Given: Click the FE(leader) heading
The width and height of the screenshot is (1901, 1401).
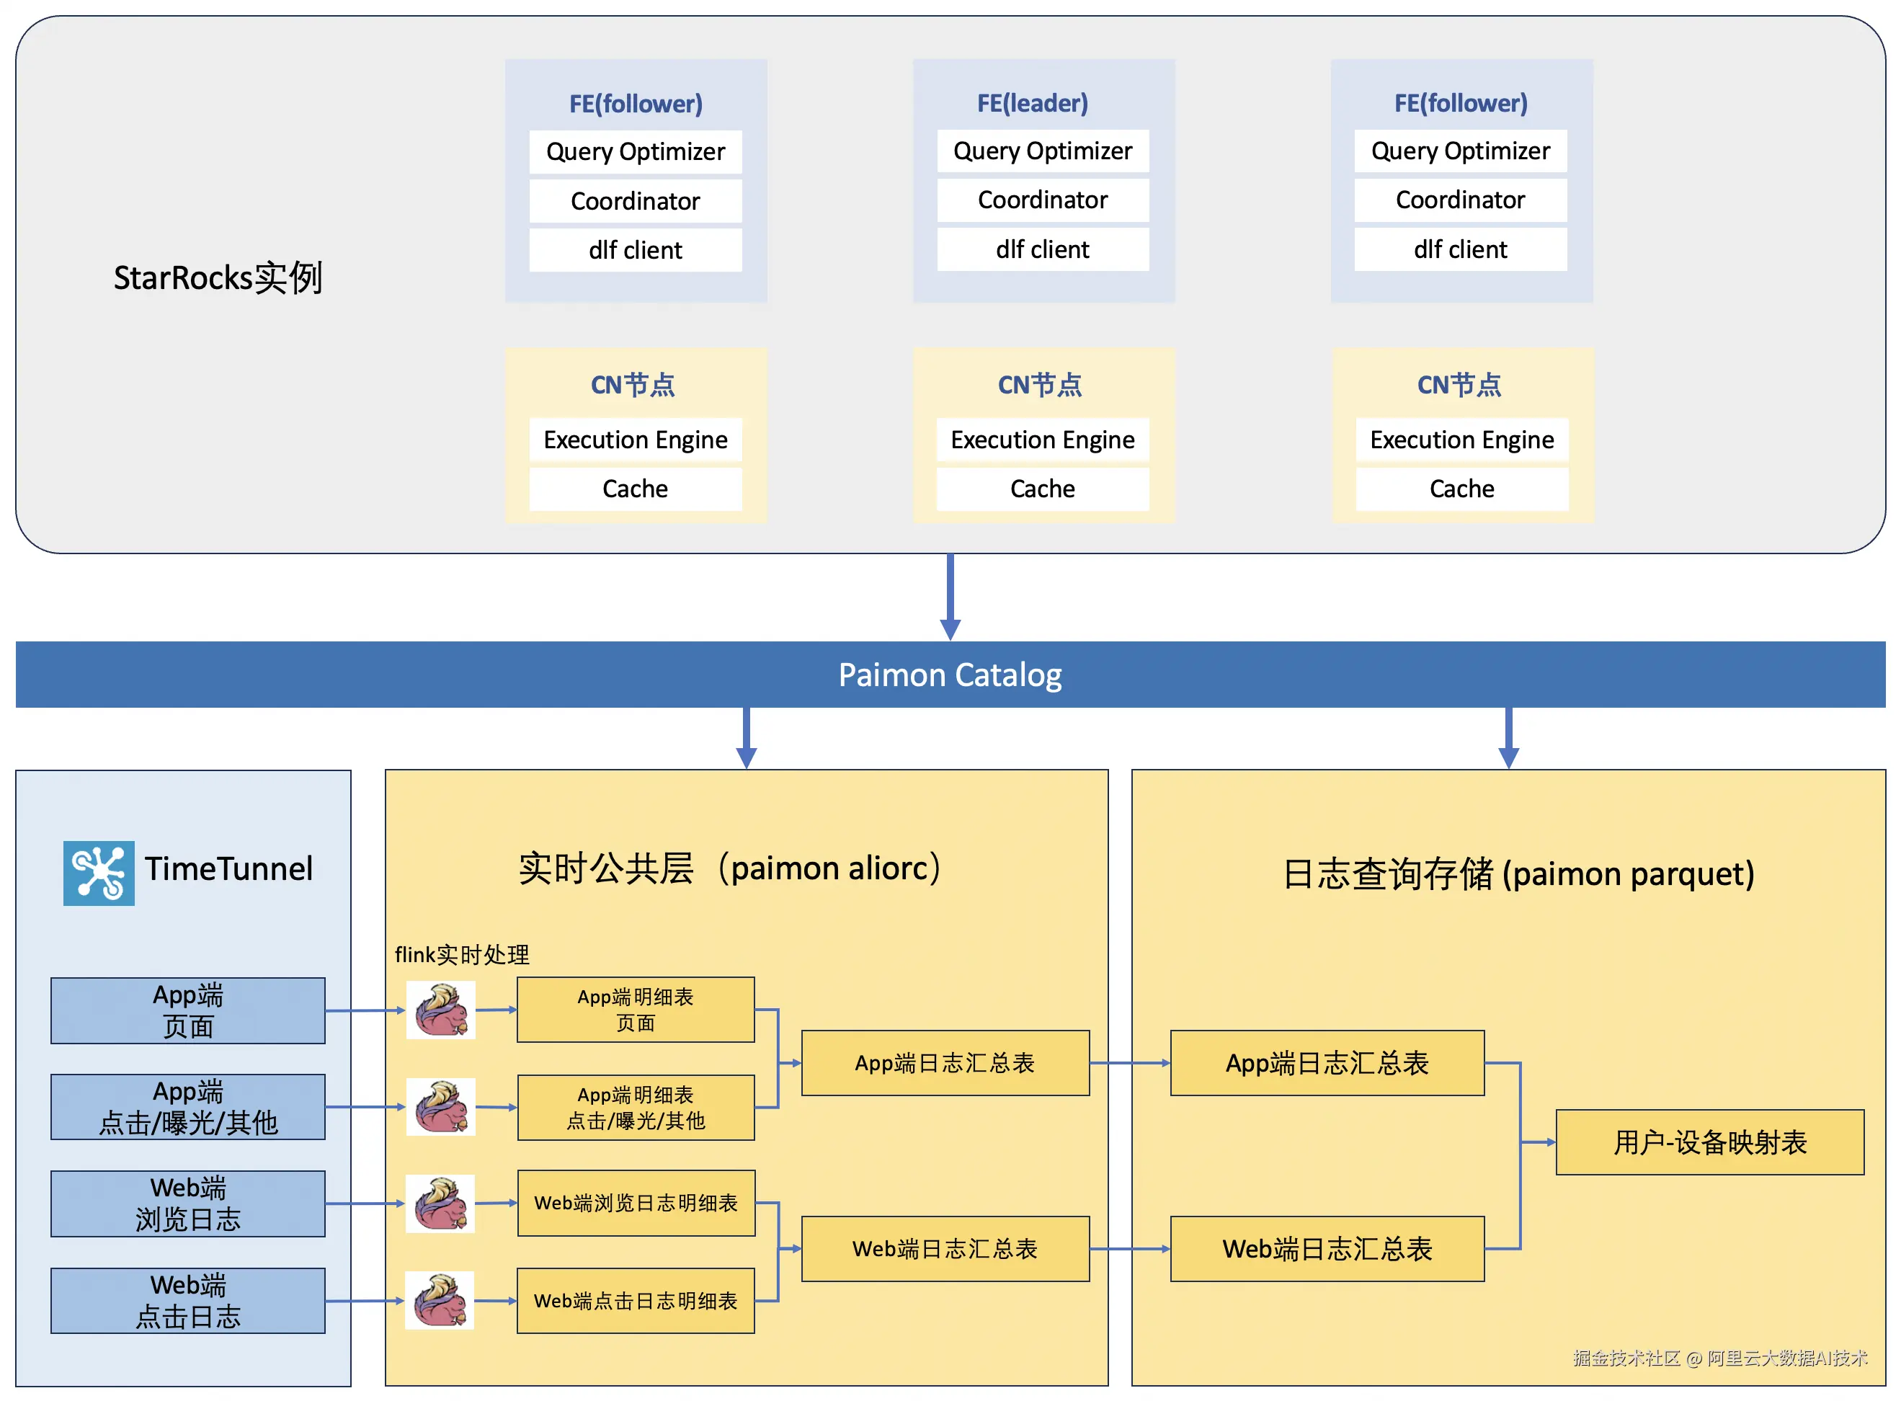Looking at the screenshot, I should (x=1032, y=104).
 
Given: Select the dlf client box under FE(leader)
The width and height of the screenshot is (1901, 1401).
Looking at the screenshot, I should (x=1042, y=249).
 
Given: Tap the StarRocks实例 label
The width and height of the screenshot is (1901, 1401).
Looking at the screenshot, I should (x=217, y=278).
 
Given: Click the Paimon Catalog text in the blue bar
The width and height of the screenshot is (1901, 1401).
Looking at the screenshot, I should (x=950, y=675).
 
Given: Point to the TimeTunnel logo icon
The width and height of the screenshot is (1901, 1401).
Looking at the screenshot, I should (x=98, y=873).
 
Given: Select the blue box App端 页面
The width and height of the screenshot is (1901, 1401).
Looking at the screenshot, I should (x=187, y=1010).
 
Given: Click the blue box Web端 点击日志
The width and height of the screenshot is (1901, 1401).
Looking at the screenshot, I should (x=187, y=1300).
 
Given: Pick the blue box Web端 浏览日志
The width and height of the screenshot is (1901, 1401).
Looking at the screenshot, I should (x=187, y=1204).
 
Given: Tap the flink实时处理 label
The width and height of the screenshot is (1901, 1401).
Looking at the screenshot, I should (x=461, y=955).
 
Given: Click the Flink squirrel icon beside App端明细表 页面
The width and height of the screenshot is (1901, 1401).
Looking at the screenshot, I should (x=441, y=1010).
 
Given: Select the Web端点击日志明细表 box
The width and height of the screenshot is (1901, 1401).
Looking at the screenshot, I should (x=635, y=1300).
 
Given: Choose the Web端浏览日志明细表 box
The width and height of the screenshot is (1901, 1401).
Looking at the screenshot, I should (x=635, y=1203).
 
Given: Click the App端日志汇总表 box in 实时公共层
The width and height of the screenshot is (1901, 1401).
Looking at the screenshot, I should (x=945, y=1062).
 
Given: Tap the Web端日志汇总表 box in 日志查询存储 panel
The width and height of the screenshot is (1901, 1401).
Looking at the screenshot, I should (x=1326, y=1248).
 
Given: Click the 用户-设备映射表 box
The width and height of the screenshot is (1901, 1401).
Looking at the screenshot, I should (x=1709, y=1142).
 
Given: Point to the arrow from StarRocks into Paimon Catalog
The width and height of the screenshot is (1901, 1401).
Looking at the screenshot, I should (x=950, y=598).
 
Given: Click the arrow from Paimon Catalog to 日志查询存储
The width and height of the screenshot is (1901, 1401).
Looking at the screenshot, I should (x=1508, y=738).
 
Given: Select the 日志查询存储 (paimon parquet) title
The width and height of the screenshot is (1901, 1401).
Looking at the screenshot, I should (x=1518, y=873).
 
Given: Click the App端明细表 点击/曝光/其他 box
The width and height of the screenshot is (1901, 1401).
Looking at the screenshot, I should (x=635, y=1107).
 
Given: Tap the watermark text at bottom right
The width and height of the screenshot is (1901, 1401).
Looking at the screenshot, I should (x=1719, y=1358).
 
